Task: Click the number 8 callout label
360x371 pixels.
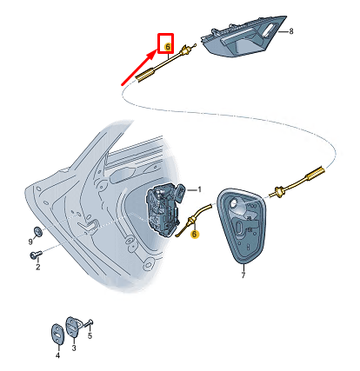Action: pos(291,31)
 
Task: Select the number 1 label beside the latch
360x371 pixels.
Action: pos(199,189)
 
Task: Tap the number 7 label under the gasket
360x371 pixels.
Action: pos(243,275)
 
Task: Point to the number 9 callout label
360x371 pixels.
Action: pos(30,241)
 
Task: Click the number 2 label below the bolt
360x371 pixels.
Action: pos(38,267)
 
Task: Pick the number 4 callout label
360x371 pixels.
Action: pos(57,355)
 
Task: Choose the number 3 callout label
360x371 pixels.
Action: pos(74,348)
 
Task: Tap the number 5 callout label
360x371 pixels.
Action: pos(90,336)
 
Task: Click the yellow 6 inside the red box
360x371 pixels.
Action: pos(168,47)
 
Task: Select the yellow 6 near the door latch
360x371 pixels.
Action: pos(195,234)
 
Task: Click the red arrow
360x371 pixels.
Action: pos(139,68)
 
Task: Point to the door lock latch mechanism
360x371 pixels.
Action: pos(163,209)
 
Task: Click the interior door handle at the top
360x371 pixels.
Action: pos(243,36)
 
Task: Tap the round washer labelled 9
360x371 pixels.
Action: pos(37,231)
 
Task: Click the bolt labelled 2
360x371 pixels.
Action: pos(36,255)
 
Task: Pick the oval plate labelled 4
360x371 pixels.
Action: pos(57,335)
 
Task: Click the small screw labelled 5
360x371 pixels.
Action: pos(88,324)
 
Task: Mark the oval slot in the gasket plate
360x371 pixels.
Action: pos(239,228)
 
